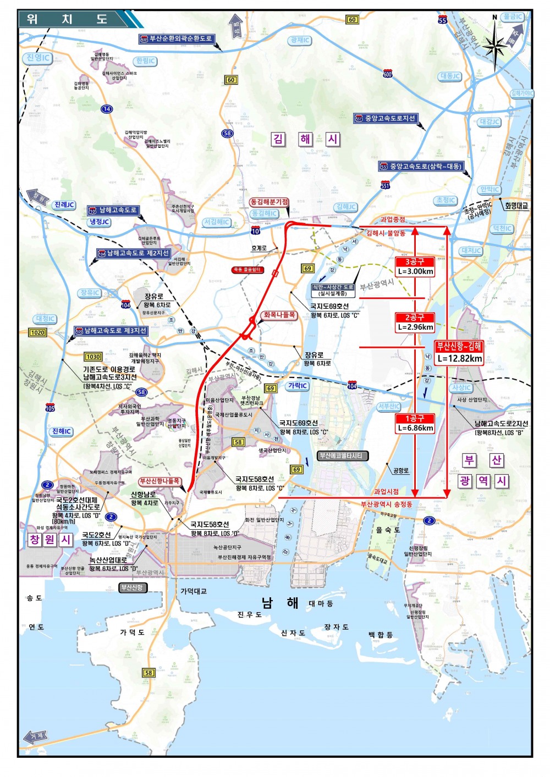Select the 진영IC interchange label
pos(38,58)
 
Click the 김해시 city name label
pos(306,139)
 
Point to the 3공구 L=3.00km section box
pos(415,267)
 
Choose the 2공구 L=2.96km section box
pos(415,322)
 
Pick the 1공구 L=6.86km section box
pos(415,423)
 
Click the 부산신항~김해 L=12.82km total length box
pos(459,352)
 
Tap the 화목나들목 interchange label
pos(279,315)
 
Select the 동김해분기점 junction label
pos(269,202)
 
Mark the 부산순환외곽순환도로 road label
pos(176,39)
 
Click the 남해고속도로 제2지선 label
pos(134,253)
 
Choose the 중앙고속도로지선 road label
pos(386,118)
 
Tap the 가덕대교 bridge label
pos(194,591)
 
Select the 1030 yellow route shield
pos(93,357)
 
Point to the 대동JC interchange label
pos(450,76)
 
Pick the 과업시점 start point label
pos(386,492)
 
